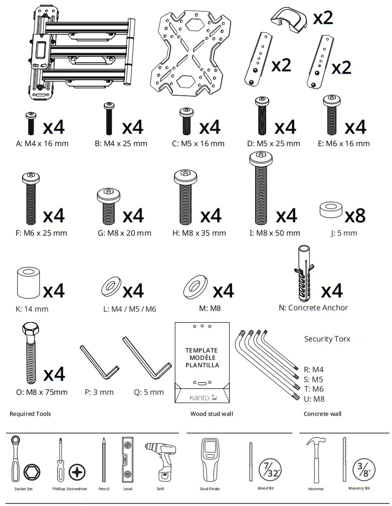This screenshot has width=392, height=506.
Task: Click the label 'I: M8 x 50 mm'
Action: pos(275,233)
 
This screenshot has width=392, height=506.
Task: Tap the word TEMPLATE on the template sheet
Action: pos(202,351)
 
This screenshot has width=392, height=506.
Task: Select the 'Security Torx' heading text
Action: pos(327,339)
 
